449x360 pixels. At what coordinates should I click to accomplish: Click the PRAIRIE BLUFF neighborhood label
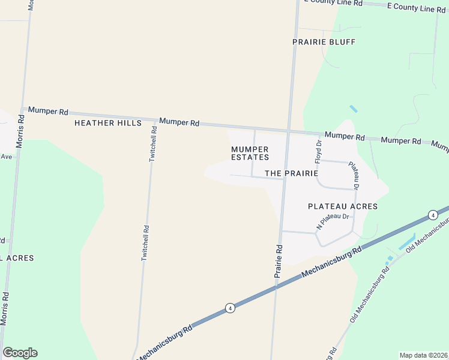click(x=324, y=42)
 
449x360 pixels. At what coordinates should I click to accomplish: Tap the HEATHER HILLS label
click(x=107, y=123)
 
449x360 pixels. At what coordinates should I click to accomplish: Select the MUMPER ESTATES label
click(x=250, y=153)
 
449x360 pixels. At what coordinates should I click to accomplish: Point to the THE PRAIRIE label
click(x=291, y=173)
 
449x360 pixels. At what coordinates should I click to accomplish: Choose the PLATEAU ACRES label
click(x=342, y=206)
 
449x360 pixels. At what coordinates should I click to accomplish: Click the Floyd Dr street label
click(x=319, y=152)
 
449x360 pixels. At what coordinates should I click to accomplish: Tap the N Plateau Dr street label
click(x=333, y=221)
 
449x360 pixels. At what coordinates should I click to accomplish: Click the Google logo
click(x=20, y=353)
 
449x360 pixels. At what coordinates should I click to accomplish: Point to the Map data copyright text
click(x=423, y=355)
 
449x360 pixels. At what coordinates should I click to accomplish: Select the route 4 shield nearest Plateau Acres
click(x=432, y=215)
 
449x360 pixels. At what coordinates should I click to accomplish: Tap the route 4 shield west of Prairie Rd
click(x=230, y=308)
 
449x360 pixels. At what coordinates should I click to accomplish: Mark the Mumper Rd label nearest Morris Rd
click(x=48, y=112)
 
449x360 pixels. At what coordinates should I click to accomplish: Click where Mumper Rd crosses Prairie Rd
click(x=289, y=130)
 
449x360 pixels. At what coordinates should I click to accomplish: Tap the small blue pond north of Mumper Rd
click(x=353, y=109)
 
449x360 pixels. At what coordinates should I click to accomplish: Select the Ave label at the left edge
click(x=6, y=157)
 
